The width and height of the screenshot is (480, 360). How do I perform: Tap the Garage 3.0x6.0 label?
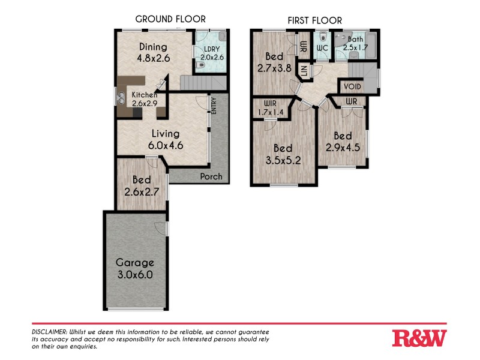click(x=135, y=268)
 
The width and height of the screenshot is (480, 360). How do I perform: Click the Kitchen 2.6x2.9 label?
click(x=145, y=99)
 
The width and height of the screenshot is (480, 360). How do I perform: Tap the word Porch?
click(x=210, y=176)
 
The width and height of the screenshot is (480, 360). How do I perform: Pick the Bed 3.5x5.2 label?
click(x=283, y=154)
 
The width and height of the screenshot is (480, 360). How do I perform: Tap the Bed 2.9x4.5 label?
click(x=343, y=142)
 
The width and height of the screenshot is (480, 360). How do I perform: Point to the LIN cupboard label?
click(x=305, y=71)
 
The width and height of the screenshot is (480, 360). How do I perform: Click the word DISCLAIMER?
click(x=50, y=332)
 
